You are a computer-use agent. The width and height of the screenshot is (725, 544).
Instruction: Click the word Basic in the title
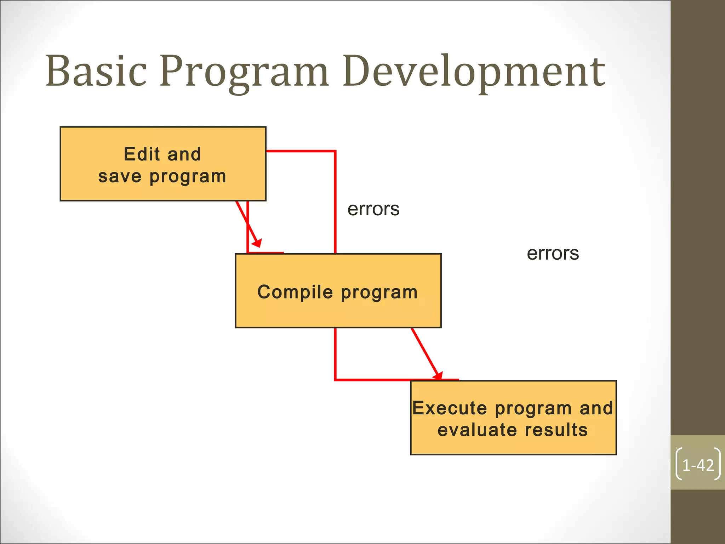(x=96, y=71)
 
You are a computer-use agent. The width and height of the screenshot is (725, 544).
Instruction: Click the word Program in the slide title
(x=244, y=73)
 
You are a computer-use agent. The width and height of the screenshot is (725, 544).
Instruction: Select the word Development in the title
(x=474, y=73)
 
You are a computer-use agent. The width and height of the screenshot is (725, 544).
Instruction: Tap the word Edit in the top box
(x=142, y=154)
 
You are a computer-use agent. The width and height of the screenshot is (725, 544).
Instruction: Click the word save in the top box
(x=120, y=176)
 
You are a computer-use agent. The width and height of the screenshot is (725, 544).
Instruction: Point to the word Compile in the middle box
(x=295, y=292)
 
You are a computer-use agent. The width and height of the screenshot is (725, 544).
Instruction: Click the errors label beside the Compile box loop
(x=373, y=209)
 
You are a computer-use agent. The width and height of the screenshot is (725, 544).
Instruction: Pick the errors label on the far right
(x=553, y=254)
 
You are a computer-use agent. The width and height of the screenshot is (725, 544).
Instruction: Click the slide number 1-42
(x=698, y=465)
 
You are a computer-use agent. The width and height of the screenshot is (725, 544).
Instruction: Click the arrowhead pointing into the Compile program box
(x=257, y=243)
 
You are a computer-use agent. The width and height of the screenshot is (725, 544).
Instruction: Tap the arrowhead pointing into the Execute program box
(x=439, y=375)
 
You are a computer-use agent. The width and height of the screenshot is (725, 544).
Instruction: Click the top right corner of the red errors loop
(x=335, y=152)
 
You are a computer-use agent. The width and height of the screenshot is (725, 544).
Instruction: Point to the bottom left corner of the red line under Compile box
(x=335, y=380)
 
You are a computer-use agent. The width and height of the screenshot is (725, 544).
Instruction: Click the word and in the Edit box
(x=184, y=154)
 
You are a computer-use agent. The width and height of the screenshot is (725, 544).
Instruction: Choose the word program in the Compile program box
(x=379, y=293)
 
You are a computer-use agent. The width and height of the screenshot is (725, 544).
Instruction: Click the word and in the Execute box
(x=596, y=408)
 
